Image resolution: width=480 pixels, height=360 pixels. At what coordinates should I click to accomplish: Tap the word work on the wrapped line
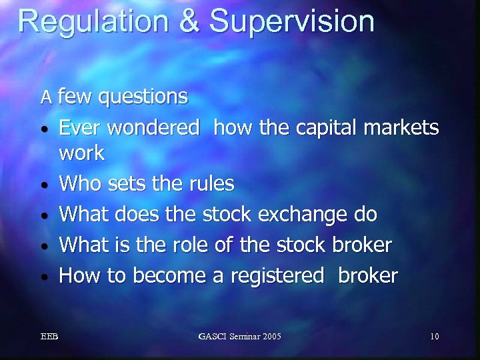click(x=82, y=153)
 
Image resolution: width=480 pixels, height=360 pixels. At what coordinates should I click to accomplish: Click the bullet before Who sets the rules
click(x=43, y=185)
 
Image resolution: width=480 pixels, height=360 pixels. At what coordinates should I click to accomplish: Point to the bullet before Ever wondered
click(x=43, y=127)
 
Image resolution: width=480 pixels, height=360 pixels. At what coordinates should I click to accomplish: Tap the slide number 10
click(x=434, y=336)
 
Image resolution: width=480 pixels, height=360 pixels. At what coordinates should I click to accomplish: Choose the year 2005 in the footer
click(x=269, y=336)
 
